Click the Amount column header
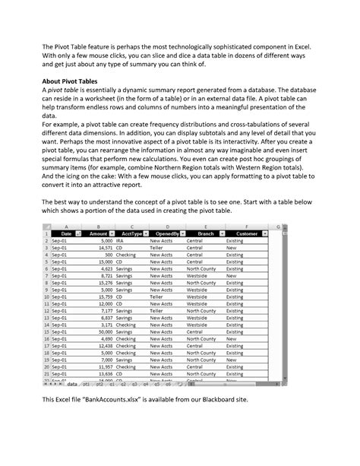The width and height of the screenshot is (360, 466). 101,233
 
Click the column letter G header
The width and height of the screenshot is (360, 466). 277,227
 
